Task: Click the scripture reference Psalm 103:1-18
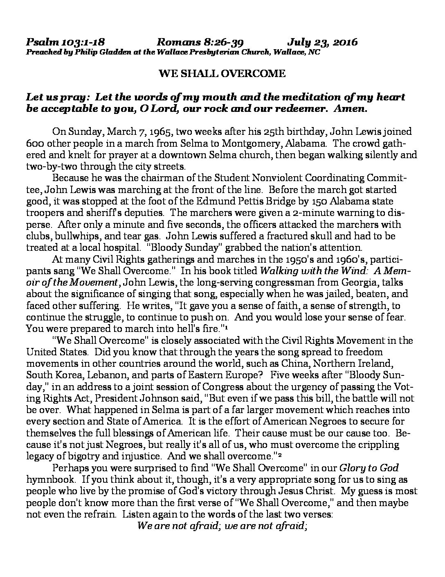[66, 42]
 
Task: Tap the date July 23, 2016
[322, 42]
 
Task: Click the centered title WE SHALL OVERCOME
[222, 74]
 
